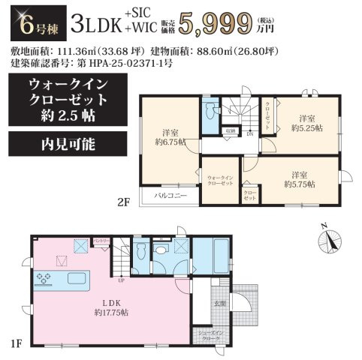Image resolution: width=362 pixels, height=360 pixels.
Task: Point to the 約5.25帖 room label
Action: pyautogui.click(x=306, y=124)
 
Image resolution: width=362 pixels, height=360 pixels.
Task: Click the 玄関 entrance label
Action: pyautogui.click(x=219, y=302)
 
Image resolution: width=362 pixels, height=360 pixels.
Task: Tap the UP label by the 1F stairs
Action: pyautogui.click(x=121, y=280)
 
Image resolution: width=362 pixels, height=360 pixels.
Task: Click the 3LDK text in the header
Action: pyautogui.click(x=98, y=24)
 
